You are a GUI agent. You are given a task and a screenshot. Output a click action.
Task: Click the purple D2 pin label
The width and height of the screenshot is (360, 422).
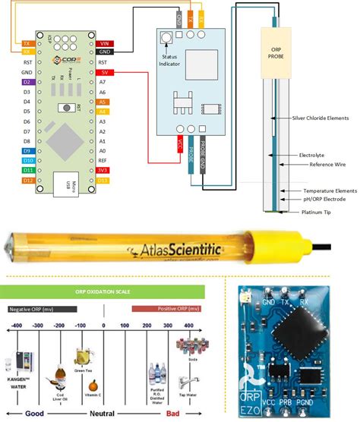(27, 81)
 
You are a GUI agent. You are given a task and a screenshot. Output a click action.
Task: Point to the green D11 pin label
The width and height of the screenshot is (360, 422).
(27, 170)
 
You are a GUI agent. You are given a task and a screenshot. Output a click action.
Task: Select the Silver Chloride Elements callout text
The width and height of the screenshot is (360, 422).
(317, 118)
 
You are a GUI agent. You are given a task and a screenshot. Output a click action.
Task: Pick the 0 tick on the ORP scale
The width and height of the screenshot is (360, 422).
(103, 324)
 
